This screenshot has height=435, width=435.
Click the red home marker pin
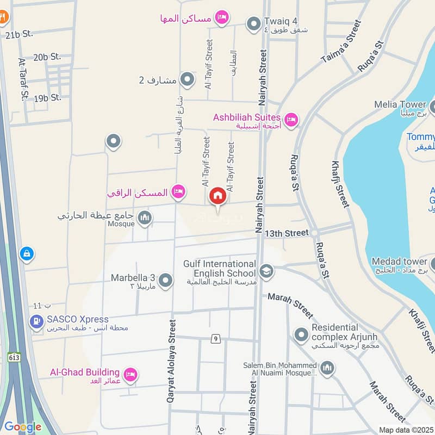(217, 196)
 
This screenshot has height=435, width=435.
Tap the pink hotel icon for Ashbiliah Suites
(291, 120)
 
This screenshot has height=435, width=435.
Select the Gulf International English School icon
(266, 271)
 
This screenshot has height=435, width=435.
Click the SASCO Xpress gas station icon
(37, 322)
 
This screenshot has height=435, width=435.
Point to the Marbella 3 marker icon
(166, 281)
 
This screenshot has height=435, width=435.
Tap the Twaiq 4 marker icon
(253, 24)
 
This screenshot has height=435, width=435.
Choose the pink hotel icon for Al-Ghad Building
(130, 374)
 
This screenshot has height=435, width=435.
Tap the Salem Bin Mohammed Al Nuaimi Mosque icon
(327, 370)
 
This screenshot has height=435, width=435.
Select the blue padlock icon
(26, 253)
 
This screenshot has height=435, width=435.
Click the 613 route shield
(14, 357)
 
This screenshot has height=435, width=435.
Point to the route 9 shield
(216, 339)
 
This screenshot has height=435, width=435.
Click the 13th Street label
(287, 233)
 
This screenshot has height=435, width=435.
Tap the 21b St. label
(19, 34)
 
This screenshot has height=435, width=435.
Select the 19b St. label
(47, 98)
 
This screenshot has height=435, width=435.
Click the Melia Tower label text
(400, 104)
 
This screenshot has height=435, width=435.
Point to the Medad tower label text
(400, 262)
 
